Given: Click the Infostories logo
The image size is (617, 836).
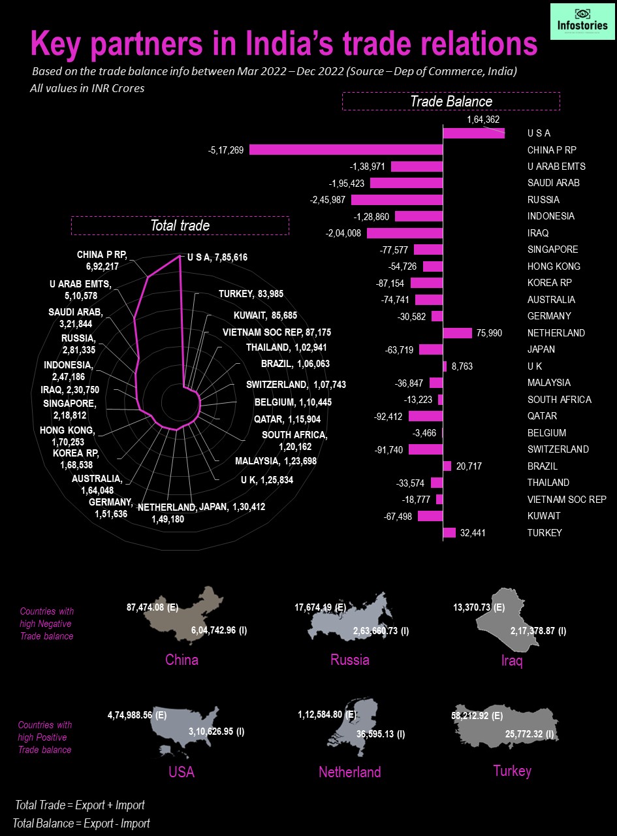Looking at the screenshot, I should pos(582,22).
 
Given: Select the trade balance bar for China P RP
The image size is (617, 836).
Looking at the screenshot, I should pos(346,150).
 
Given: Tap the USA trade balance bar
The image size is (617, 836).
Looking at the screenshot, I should pos(474,133).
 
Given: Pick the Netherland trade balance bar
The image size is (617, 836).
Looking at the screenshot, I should pos(458,333).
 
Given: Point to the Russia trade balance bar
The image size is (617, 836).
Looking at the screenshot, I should pos(397,200).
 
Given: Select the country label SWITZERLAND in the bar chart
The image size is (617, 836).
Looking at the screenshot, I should pos(558,449).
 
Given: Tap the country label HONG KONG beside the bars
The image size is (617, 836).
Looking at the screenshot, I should pos(554,266).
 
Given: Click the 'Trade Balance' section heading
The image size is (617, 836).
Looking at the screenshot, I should pos(451,101).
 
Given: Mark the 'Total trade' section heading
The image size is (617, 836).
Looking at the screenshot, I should pos(180,225).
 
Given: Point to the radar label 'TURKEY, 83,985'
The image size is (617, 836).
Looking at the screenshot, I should pos(251,294).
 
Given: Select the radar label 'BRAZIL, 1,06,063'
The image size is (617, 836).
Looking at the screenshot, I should pos(295,364).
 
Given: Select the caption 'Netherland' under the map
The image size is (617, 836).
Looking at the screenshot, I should pos(349,773).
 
